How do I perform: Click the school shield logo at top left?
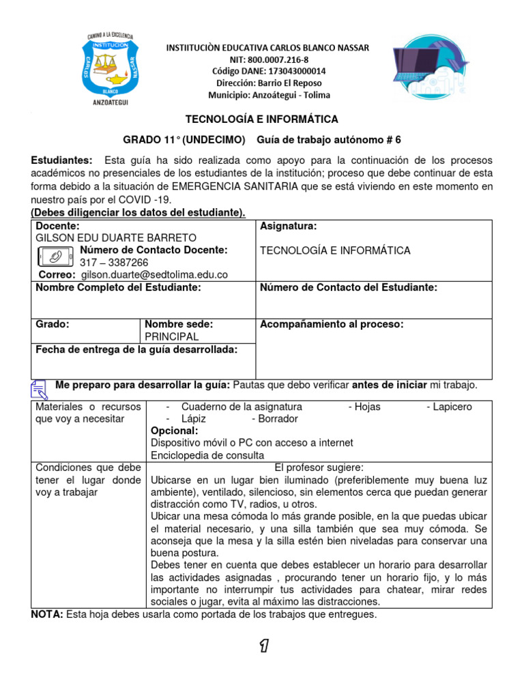tap(111, 68)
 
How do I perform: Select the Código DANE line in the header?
tap(268, 71)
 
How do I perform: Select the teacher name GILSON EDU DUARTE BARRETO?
tap(116, 238)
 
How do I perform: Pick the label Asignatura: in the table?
tap(288, 226)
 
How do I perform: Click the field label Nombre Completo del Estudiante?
tap(118, 287)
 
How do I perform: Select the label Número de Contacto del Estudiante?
tap(349, 287)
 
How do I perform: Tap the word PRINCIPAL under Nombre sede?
tap(172, 337)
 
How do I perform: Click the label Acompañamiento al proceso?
tap(332, 324)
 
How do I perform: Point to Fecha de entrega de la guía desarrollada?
tap(136, 349)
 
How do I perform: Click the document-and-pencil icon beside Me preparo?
tap(40, 388)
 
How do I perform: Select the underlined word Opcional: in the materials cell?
tap(175, 431)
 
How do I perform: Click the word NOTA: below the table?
tap(47, 614)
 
